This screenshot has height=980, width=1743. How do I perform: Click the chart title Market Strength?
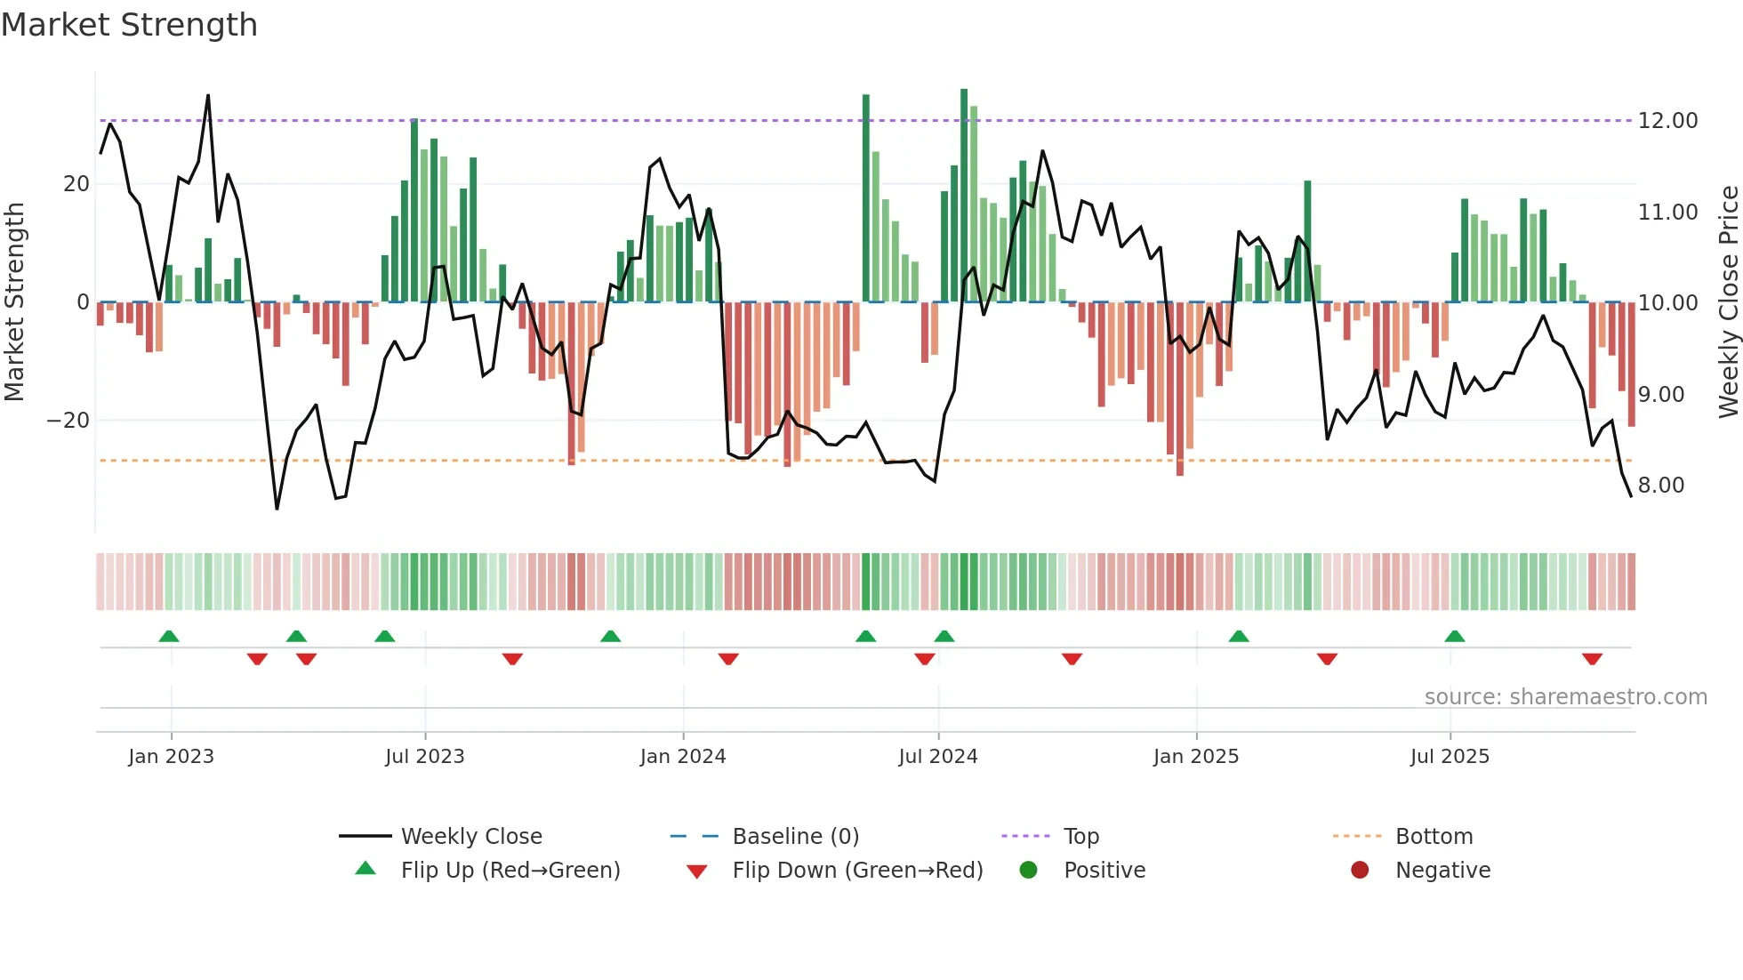(x=129, y=25)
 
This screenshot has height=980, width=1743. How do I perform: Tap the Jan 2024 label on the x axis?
(x=682, y=757)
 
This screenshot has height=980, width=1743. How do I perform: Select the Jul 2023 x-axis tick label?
(x=424, y=757)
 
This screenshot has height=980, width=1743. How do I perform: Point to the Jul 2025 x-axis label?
(x=1449, y=757)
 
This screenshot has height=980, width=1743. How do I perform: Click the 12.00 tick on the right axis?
(x=1667, y=121)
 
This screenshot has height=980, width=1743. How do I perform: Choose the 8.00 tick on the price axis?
(x=1660, y=486)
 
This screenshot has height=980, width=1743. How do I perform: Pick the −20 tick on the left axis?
(x=68, y=421)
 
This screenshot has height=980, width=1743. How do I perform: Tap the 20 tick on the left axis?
(x=76, y=184)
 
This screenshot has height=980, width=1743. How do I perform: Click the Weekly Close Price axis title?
(x=1728, y=302)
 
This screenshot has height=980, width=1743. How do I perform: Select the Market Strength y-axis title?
(x=14, y=302)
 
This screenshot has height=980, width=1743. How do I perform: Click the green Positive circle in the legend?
(x=1028, y=871)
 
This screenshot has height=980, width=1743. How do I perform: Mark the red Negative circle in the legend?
(x=1359, y=871)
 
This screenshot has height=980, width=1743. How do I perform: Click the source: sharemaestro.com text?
(x=1565, y=697)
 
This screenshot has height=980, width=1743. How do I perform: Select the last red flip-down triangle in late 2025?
(x=1592, y=659)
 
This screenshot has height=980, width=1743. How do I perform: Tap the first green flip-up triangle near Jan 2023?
(x=168, y=636)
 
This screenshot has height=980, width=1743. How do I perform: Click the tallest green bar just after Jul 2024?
(x=964, y=196)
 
